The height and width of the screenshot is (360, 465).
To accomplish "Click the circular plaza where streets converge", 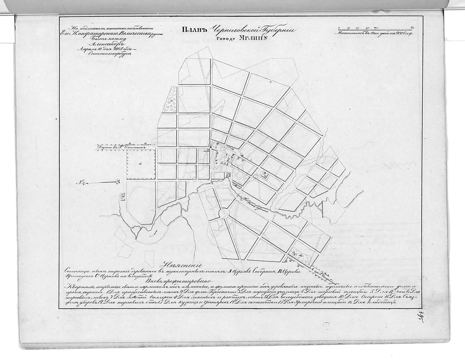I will click(x=224, y=213).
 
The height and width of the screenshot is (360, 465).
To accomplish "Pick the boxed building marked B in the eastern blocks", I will click(x=264, y=174).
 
